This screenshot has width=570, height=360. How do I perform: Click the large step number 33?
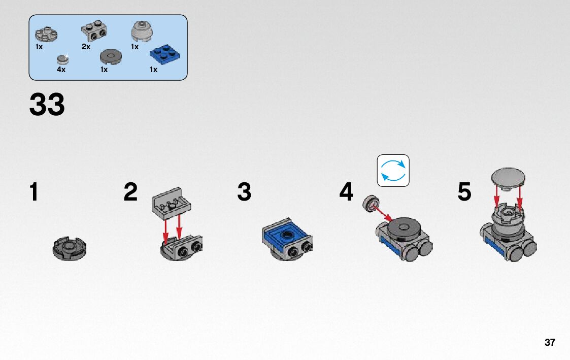[47, 105]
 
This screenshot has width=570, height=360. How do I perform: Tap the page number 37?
[550, 342]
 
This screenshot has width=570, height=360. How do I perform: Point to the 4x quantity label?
[61, 70]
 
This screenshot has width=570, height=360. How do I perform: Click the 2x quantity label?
[86, 47]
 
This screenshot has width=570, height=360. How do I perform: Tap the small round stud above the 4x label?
[63, 58]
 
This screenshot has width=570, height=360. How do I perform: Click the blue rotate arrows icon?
[393, 171]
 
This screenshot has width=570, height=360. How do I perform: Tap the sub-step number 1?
[34, 192]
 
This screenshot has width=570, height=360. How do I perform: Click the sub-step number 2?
[130, 192]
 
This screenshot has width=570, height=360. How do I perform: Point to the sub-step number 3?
[244, 192]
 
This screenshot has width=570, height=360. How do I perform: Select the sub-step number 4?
[346, 192]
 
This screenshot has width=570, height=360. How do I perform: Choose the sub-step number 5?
[464, 192]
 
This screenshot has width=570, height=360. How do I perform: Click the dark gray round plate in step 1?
[70, 248]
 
